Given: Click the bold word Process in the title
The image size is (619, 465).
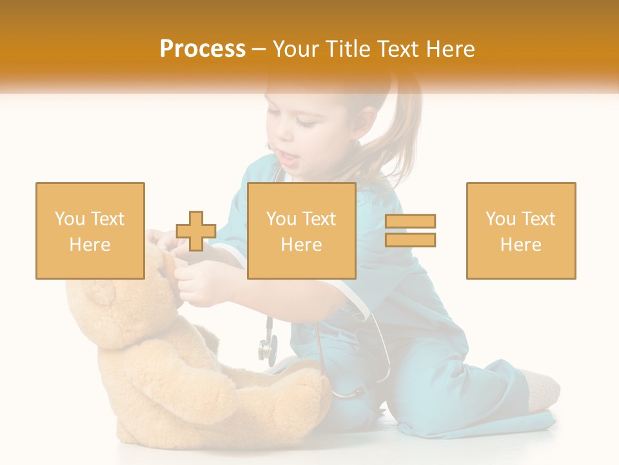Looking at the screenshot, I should (x=202, y=49).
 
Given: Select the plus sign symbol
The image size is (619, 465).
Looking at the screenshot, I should (x=196, y=231).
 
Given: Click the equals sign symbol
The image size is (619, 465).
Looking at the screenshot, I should (x=410, y=231).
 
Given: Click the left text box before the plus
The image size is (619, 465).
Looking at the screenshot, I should (x=90, y=231).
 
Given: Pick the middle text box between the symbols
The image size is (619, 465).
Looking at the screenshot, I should (x=302, y=231).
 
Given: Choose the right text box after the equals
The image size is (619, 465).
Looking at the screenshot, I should (x=521, y=231).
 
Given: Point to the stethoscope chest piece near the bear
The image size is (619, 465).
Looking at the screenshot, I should (x=267, y=349).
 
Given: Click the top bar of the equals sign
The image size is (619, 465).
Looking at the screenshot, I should (x=410, y=221).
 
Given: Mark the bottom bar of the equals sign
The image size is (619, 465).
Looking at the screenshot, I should (x=410, y=240).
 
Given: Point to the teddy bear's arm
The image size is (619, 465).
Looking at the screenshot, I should (x=200, y=394).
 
